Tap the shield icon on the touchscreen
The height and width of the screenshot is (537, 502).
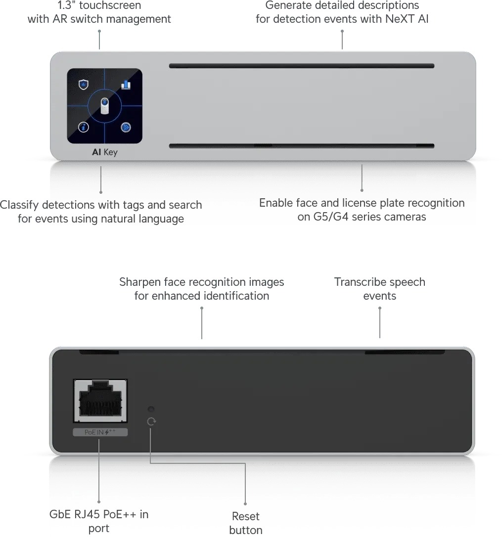click(83, 84)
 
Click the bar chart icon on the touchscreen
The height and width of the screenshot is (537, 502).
click(126, 84)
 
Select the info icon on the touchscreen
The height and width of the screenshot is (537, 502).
click(83, 127)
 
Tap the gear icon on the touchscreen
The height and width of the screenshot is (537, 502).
click(126, 127)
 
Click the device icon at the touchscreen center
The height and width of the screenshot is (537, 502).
click(104, 106)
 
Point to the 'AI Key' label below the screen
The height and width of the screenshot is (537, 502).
click(104, 152)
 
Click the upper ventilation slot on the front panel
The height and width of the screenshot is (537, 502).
click(302, 66)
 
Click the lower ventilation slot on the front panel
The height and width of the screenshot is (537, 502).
click(302, 146)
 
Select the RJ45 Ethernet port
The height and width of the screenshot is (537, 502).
click(100, 401)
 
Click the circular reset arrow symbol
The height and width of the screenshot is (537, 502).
click(151, 422)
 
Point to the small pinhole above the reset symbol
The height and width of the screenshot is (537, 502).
click(151, 409)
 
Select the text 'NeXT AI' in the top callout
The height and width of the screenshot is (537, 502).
click(407, 19)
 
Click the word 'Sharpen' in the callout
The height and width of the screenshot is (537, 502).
click(140, 282)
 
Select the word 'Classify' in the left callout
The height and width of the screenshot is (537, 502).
click(19, 205)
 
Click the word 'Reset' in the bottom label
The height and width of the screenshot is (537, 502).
click(246, 516)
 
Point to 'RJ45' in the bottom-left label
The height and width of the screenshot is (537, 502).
click(88, 514)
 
